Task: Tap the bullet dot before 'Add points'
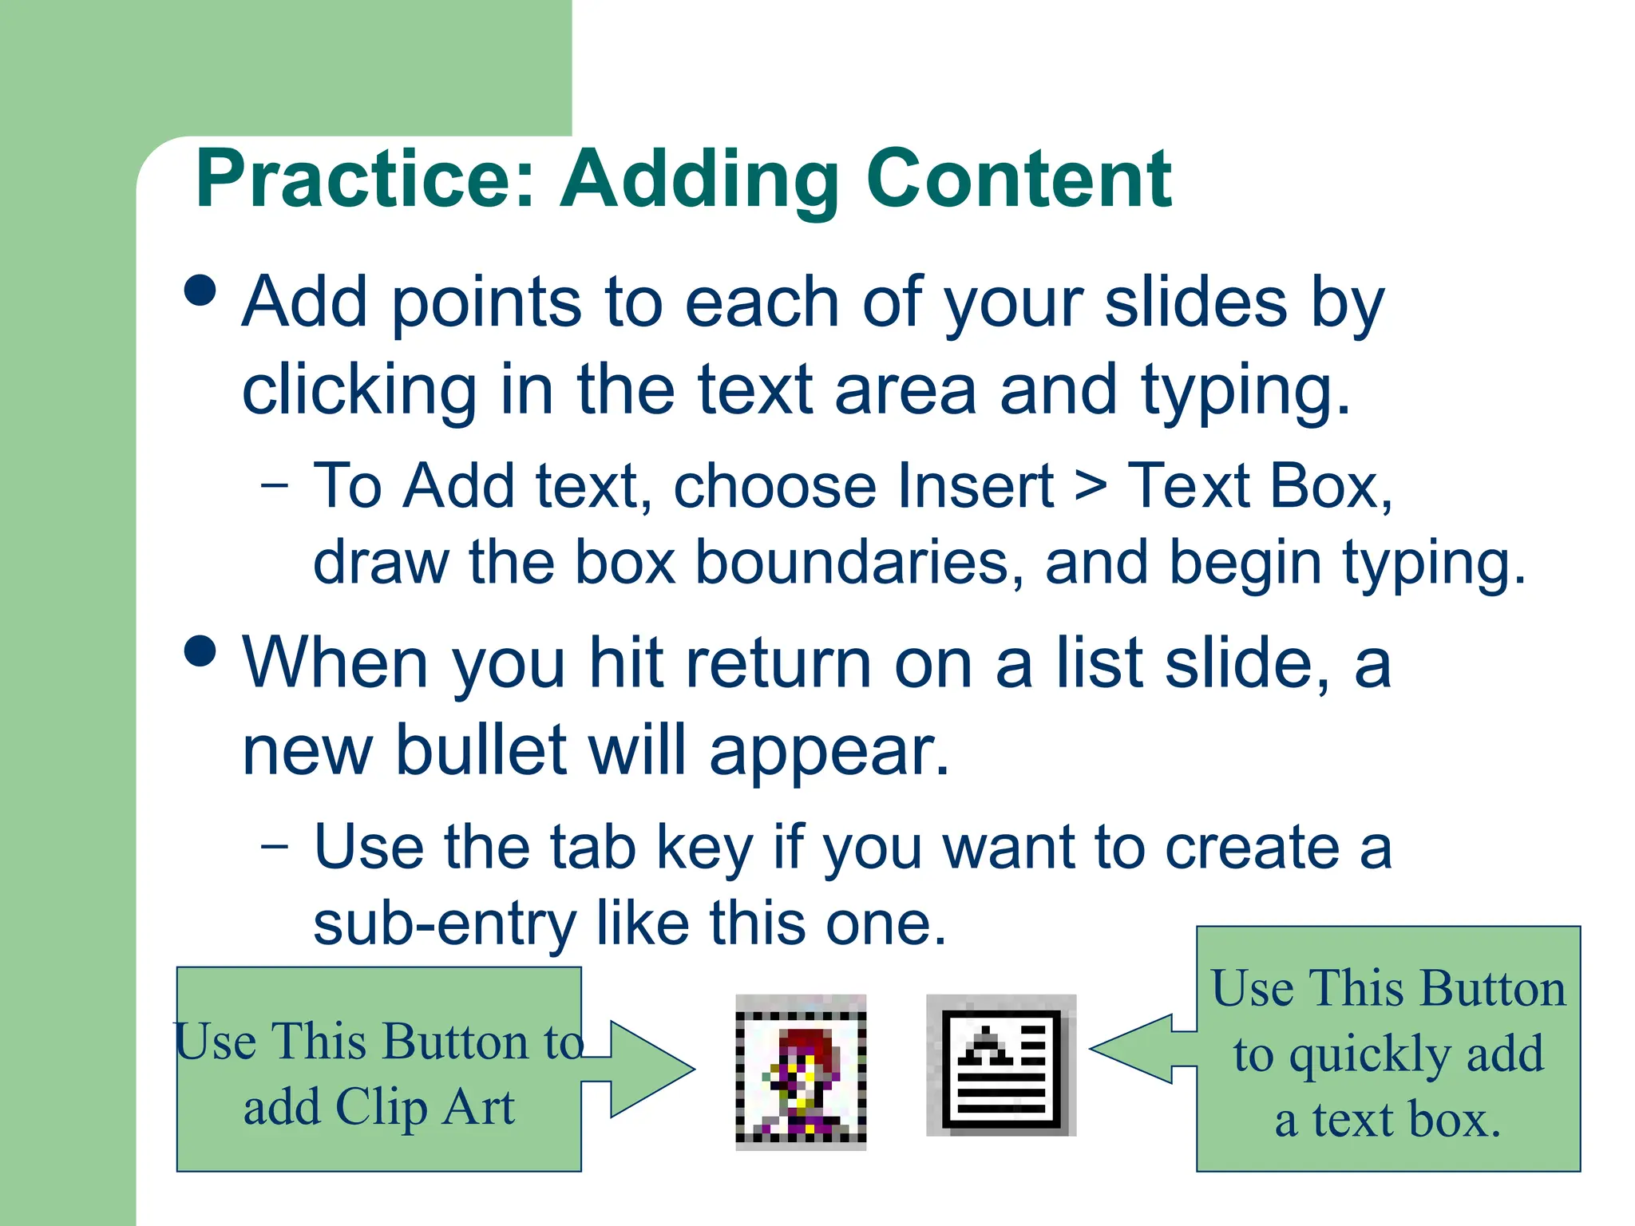tap(200, 291)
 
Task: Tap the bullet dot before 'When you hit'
tap(200, 651)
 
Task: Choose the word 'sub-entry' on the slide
tap(445, 924)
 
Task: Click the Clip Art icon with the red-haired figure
tap(801, 1072)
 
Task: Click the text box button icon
tap(1001, 1066)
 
